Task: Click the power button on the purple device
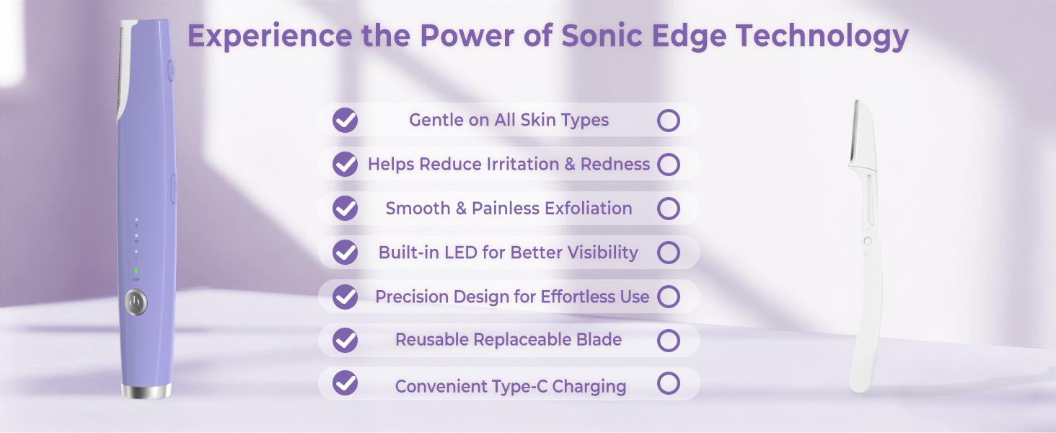click(136, 302)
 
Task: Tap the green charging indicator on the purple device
click(136, 271)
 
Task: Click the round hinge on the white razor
click(867, 241)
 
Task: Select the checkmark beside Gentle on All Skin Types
click(346, 120)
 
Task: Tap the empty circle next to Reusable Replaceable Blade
click(669, 340)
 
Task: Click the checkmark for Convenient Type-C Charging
click(346, 383)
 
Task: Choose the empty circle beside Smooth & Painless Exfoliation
click(669, 209)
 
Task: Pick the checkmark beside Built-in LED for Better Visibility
click(346, 252)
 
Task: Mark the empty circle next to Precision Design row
click(669, 296)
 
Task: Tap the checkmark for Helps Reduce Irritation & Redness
click(346, 164)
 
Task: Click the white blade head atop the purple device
click(126, 69)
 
